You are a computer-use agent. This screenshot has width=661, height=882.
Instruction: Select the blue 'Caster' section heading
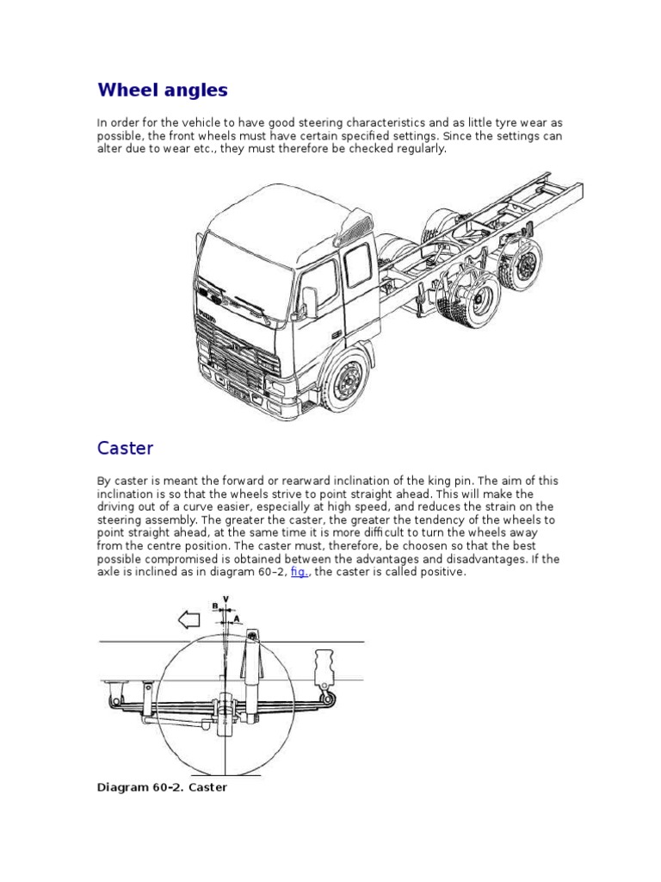pos(126,448)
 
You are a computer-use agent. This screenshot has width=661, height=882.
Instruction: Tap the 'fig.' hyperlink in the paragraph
pos(300,572)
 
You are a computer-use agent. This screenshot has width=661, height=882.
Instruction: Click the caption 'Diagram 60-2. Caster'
pos(163,787)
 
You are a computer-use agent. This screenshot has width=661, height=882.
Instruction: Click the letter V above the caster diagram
pos(225,599)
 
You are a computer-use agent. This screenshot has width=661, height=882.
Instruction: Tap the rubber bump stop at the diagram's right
pos(325,668)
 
